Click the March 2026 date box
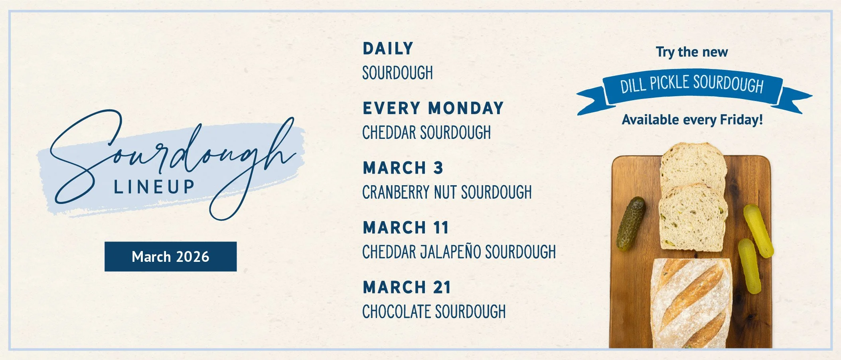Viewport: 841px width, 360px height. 170,257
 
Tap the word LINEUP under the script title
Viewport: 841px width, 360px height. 154,187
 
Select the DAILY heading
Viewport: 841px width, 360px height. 388,49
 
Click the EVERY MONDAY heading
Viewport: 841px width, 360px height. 433,108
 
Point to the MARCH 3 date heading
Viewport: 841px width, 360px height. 403,168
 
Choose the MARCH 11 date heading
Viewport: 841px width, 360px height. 406,228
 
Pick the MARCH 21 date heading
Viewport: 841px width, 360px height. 407,287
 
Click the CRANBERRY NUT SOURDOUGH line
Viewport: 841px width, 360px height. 447,192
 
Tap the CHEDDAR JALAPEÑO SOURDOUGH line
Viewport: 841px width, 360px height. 459,252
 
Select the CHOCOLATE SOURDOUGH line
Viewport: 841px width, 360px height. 434,312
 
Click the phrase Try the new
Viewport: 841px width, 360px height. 692,52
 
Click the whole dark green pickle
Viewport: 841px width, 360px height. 631,224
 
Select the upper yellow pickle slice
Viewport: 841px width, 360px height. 758,230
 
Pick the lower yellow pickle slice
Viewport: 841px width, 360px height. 749,266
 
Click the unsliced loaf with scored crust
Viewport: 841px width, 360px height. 692,303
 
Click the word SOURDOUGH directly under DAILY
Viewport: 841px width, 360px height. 397,73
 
